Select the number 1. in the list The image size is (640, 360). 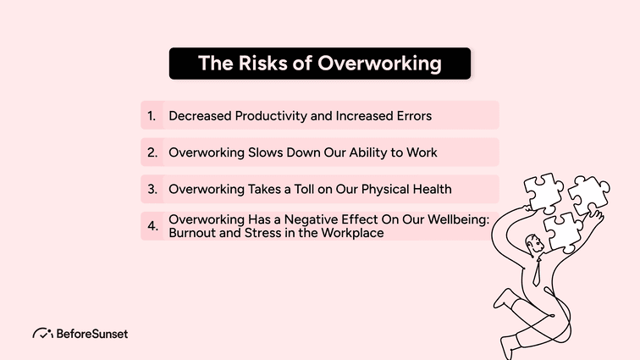point(152,115)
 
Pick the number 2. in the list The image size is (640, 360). point(152,152)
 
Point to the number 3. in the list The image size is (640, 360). point(152,189)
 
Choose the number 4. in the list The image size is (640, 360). point(152,226)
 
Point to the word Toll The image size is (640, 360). point(304,189)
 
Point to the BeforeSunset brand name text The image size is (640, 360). point(94,333)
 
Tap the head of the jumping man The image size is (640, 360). point(532,246)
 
